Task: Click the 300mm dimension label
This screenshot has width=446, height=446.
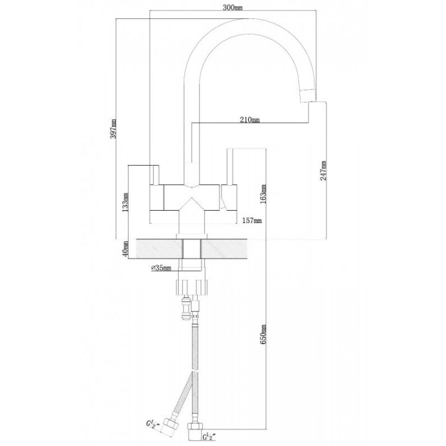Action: pyautogui.click(x=232, y=8)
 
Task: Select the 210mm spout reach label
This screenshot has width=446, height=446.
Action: pyautogui.click(x=249, y=120)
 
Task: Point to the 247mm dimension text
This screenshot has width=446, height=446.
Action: pyautogui.click(x=323, y=171)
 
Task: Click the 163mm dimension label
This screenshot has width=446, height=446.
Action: pyautogui.click(x=264, y=194)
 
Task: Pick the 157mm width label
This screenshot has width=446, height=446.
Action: pyautogui.click(x=252, y=220)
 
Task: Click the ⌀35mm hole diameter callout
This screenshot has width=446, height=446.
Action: pyautogui.click(x=161, y=268)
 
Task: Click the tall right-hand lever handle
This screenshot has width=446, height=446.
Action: pyautogui.click(x=229, y=167)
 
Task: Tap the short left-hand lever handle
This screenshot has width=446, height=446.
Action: pyautogui.click(x=155, y=175)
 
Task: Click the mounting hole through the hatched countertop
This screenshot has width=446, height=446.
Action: pyautogui.click(x=192, y=249)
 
